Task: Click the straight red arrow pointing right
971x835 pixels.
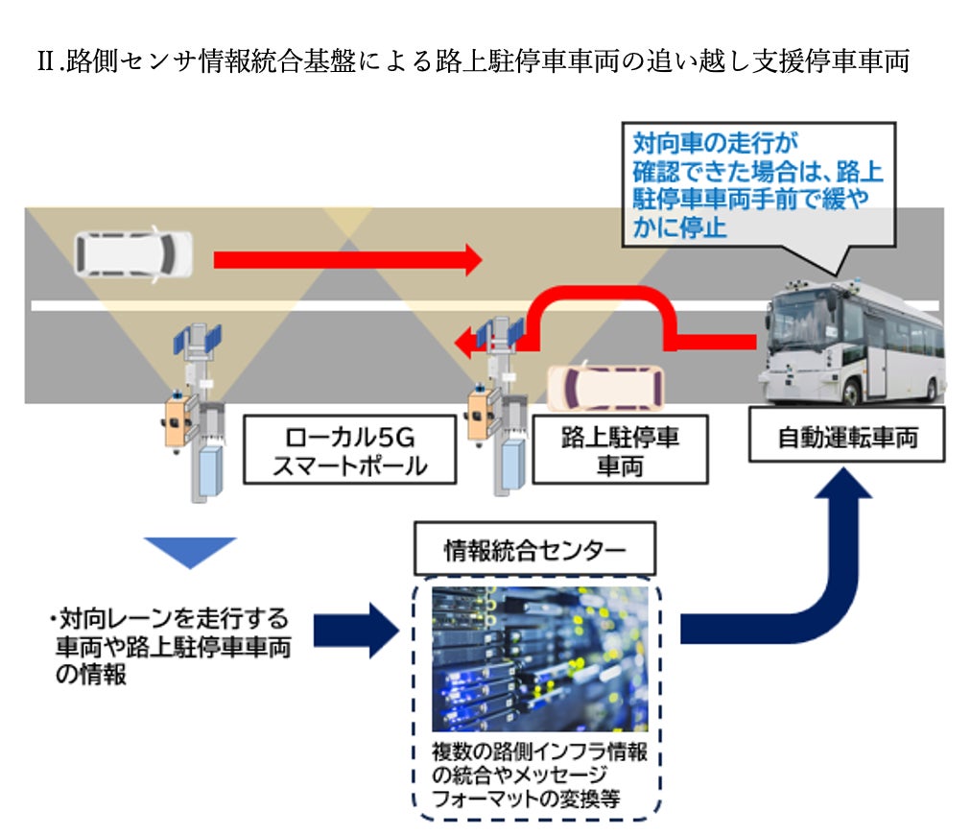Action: (x=345, y=258)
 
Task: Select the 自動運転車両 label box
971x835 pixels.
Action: (x=847, y=438)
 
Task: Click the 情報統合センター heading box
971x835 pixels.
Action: (x=535, y=551)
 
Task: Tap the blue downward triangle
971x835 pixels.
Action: (x=190, y=552)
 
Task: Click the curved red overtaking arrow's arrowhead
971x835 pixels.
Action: (x=467, y=340)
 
